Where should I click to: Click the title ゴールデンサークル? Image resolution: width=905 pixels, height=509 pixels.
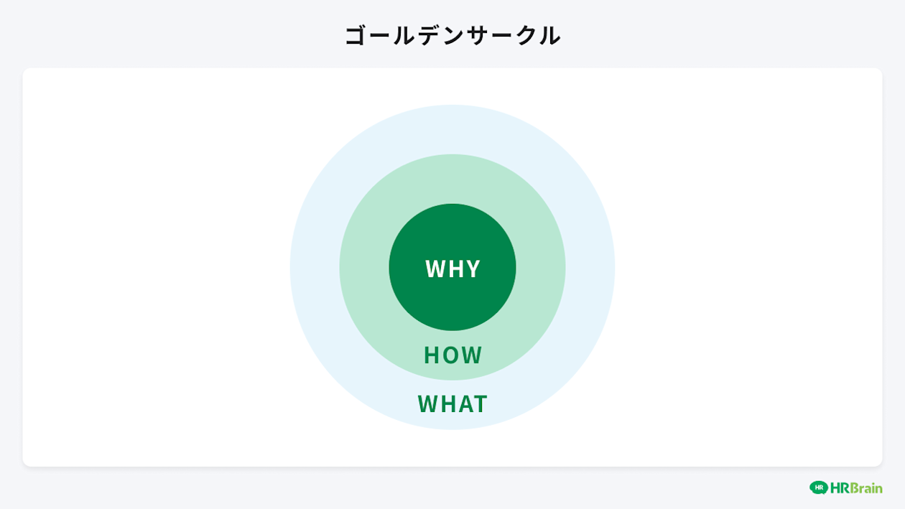[452, 35]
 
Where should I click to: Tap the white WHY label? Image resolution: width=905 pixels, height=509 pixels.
[452, 268]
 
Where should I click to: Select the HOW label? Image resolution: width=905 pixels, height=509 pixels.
[452, 355]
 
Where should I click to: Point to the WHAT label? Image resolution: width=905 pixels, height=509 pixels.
[452, 403]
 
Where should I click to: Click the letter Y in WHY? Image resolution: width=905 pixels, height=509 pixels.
[472, 268]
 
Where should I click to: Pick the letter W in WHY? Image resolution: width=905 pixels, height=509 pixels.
[434, 268]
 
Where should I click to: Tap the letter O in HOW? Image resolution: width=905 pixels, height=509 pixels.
[452, 355]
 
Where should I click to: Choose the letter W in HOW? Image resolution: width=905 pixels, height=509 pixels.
[472, 355]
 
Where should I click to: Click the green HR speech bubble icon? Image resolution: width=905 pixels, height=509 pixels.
[818, 487]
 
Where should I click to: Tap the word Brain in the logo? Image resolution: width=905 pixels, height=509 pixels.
[865, 488]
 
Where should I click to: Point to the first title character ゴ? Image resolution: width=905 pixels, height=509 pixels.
[356, 35]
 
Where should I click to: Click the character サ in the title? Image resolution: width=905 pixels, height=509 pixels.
[475, 35]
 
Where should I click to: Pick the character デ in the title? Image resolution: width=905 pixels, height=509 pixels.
[427, 35]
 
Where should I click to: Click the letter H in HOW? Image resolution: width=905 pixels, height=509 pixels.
[431, 355]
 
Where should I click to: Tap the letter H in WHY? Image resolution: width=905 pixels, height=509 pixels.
[454, 268]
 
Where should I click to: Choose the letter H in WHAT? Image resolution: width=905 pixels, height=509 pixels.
[446, 403]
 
